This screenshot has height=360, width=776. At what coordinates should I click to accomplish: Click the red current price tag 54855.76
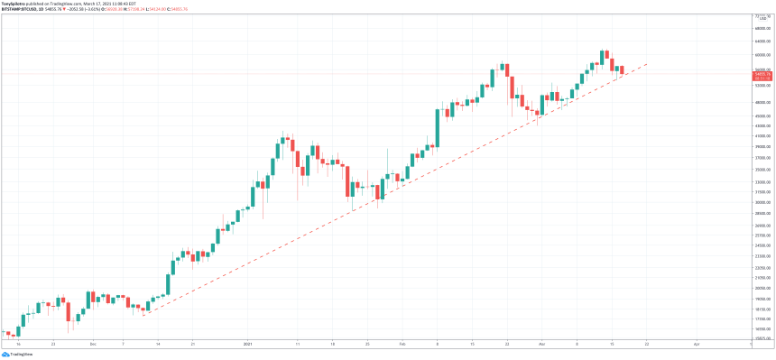pyautogui.click(x=762, y=74)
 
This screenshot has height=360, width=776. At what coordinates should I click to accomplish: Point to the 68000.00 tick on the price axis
pyautogui.click(x=762, y=27)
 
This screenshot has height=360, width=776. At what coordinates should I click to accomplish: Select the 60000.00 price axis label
pyautogui.click(x=762, y=55)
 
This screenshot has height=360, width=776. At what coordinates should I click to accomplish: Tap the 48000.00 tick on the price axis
pyautogui.click(x=762, y=102)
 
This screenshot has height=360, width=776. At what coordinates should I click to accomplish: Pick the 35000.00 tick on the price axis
pyautogui.click(x=762, y=169)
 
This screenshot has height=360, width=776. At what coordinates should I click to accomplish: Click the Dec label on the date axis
pyautogui.click(x=93, y=344)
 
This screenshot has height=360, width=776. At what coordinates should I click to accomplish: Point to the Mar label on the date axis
pyautogui.click(x=541, y=344)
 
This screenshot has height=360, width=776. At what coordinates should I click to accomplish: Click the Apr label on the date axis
pyautogui.click(x=697, y=344)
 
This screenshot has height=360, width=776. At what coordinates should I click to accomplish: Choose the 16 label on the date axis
pyautogui.click(x=18, y=344)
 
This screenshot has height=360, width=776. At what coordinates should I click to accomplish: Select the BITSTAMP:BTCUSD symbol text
pyautogui.click(x=20, y=10)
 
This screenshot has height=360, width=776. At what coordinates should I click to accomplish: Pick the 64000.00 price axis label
pyautogui.click(x=762, y=41)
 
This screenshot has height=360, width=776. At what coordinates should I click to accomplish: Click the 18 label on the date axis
pyautogui.click(x=332, y=344)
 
